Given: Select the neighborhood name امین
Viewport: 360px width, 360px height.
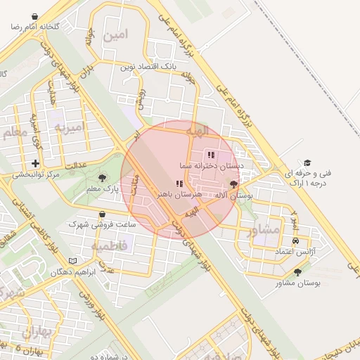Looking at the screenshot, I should click(x=115, y=34).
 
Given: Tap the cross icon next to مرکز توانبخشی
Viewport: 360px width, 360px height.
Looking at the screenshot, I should click(x=35, y=163).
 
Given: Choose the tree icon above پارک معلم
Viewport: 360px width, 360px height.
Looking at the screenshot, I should click(x=103, y=178).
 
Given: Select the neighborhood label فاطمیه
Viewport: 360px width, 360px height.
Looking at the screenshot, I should click(x=109, y=246).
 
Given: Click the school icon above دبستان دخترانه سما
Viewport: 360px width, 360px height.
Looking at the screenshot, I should click(x=210, y=155).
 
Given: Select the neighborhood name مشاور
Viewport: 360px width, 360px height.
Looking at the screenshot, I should click(x=266, y=229).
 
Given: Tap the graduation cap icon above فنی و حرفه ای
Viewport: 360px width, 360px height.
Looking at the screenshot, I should click(x=307, y=162).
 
